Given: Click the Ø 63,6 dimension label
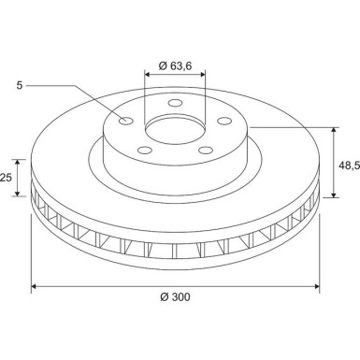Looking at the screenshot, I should click(x=177, y=65).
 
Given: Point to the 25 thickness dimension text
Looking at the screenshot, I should click(x=6, y=177).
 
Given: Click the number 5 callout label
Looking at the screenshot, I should click(x=20, y=85).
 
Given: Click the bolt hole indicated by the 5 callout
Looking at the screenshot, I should click(x=127, y=120).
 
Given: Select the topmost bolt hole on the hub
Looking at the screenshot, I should click(x=175, y=105).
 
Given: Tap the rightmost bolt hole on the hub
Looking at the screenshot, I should click(x=222, y=119).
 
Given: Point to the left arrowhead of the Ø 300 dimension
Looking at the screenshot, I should click(x=36, y=286).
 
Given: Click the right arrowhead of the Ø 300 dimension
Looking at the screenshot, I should click(x=317, y=286).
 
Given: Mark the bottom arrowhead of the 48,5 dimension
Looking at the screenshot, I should click(x=334, y=197).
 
